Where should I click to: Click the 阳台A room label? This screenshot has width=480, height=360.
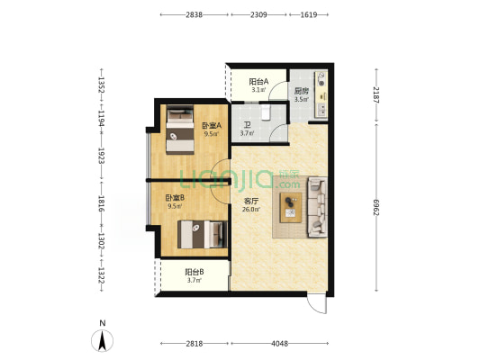pos(258,82)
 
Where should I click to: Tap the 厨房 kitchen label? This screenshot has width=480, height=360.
pos(301,91)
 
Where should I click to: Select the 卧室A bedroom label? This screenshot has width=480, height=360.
pos(212,126)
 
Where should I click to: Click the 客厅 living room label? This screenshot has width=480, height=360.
pos(251,202)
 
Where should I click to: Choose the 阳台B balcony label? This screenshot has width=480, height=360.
pos(195,272)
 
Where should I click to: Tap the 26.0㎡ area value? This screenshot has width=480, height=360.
pos(251,210)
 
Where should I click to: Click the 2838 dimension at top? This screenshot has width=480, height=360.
pos(195,14)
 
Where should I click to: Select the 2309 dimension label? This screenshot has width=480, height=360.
pos(258,14)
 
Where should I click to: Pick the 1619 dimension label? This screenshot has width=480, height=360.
pos(309,14)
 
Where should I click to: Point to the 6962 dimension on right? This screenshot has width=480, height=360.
pos(376,207)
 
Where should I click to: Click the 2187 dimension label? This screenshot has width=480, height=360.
pos(376,95)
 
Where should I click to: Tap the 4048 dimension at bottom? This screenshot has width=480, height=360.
pos(280,344)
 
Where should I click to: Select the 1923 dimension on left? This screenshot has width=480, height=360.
pos(102,156)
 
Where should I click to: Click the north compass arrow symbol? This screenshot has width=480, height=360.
pos(103,340)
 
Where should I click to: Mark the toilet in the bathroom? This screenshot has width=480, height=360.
pos(266,112)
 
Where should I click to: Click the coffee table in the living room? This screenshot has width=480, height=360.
pos(291,208)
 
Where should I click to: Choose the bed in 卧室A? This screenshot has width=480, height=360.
pos(180,130)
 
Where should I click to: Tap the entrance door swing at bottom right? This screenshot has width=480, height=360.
pos(317,303)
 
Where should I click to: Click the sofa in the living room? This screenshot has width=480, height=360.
pos(318,207)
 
